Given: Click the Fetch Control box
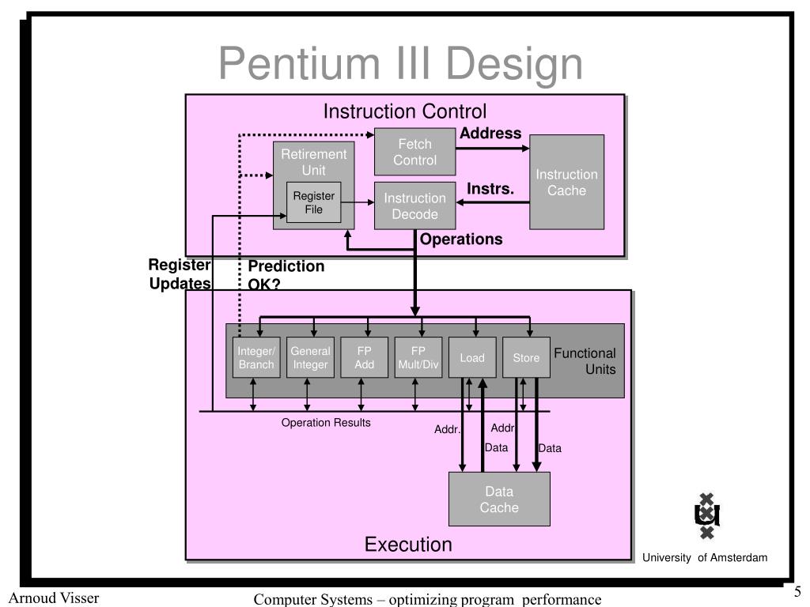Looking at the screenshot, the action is (x=414, y=152).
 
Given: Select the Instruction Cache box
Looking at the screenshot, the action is (x=566, y=183).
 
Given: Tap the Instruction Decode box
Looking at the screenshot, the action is (x=414, y=205).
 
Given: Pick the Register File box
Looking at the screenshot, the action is (x=313, y=202).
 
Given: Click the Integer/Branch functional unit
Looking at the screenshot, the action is (x=256, y=357).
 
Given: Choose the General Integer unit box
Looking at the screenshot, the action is (x=310, y=357).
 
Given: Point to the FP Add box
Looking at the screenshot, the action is (x=364, y=357).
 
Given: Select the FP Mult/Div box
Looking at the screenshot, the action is (x=418, y=357).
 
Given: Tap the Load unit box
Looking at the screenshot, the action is (x=472, y=357).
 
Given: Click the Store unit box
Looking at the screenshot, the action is (x=526, y=357).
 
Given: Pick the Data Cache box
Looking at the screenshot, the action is (x=499, y=500).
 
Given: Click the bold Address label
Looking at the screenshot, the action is (x=490, y=133).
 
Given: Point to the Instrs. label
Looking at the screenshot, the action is (x=490, y=189).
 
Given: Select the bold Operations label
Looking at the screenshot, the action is (x=461, y=239).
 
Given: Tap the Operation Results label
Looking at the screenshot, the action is (x=326, y=423).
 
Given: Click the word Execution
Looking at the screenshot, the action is (x=408, y=545).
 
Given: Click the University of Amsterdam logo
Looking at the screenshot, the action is (x=706, y=515).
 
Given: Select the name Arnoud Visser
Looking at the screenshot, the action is (x=54, y=598).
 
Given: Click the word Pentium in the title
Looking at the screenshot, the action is (x=299, y=63).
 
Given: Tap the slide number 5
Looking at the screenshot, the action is (x=797, y=591).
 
